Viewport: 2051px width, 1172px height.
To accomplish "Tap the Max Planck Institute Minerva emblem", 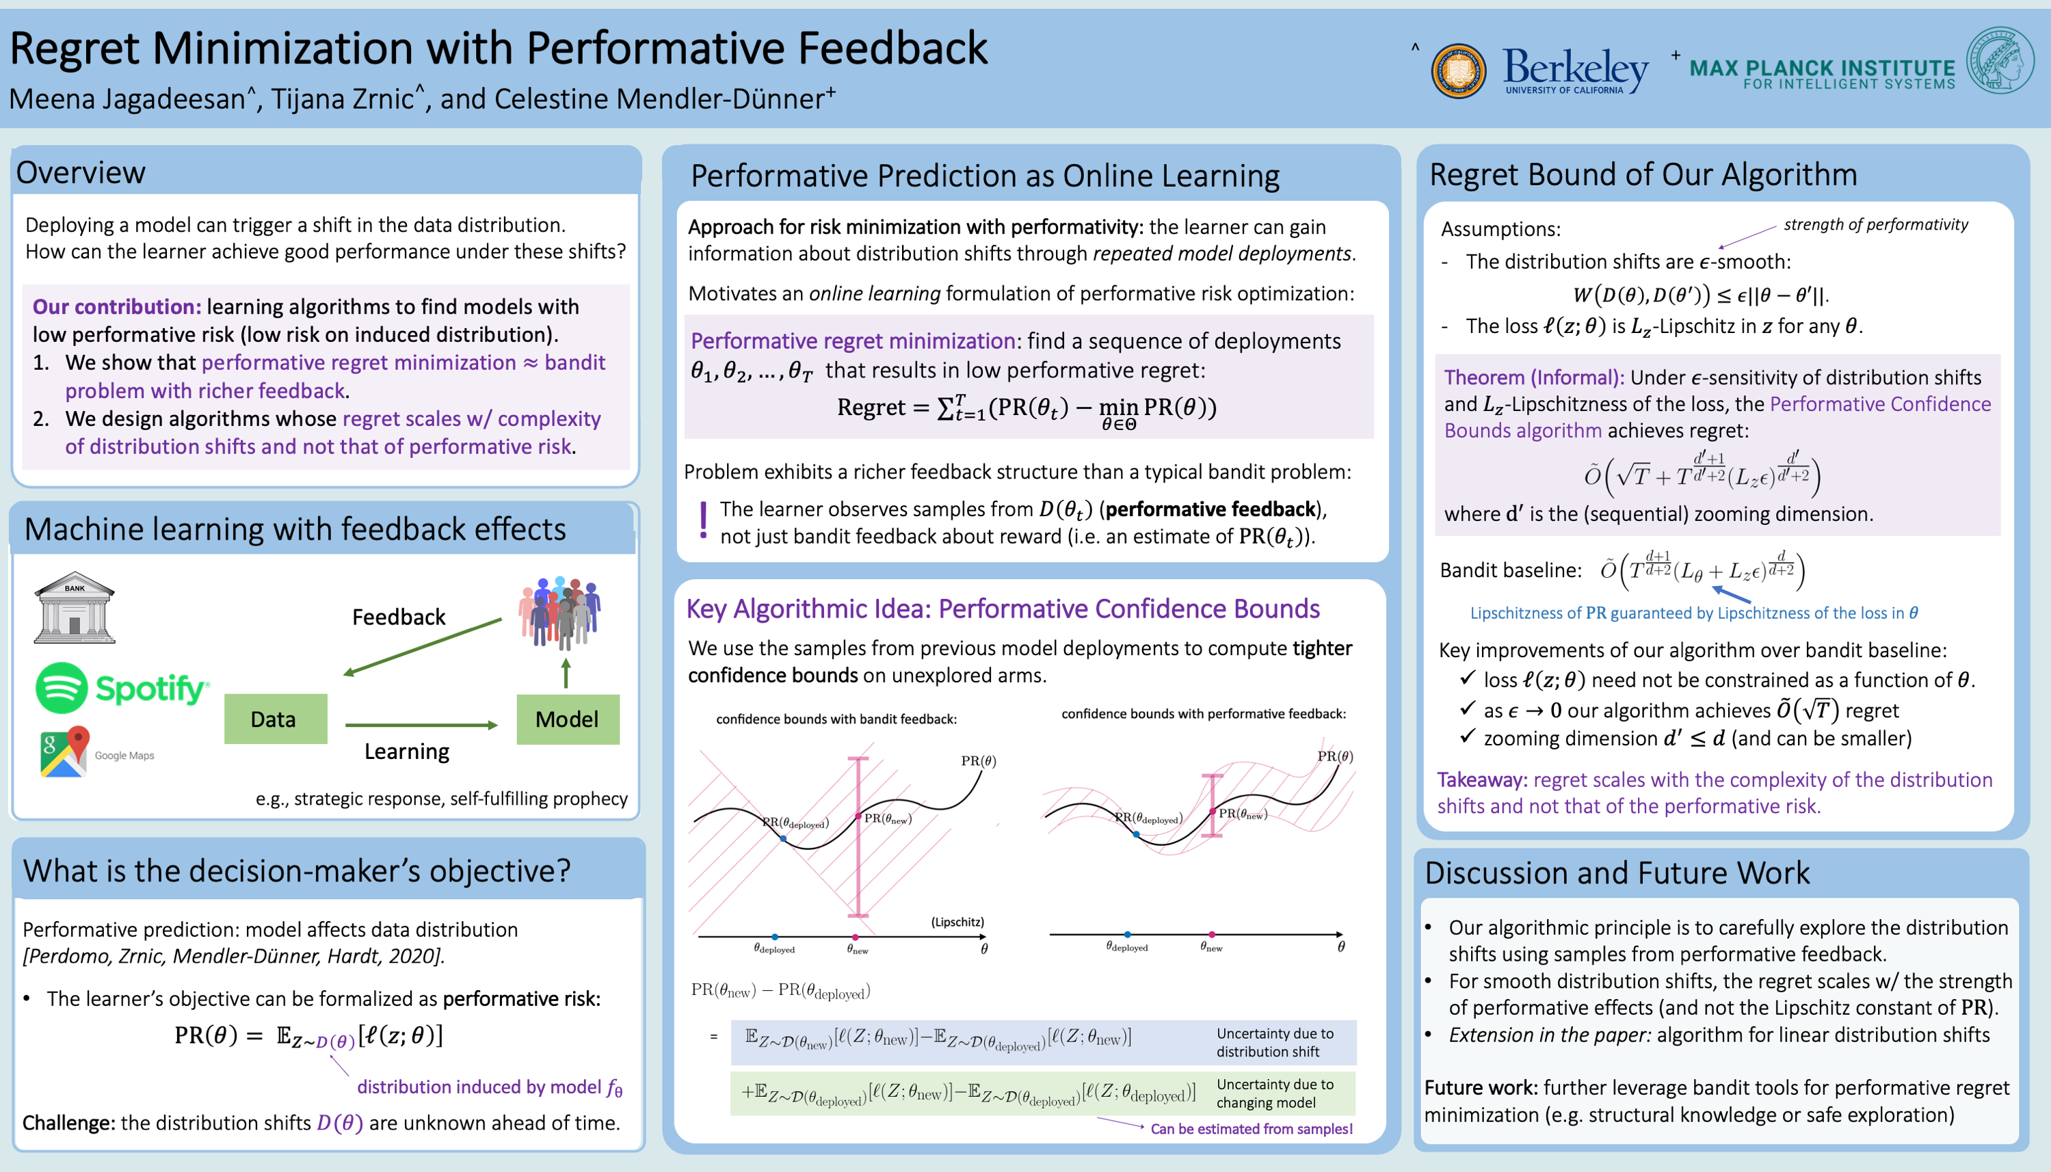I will [x=2000, y=60].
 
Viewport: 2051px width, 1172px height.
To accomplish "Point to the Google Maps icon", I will [x=64, y=751].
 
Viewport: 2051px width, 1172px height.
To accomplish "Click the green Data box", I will [x=276, y=719].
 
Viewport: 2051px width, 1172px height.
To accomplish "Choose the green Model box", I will [x=568, y=719].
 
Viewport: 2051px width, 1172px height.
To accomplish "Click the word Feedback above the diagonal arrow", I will [x=399, y=617].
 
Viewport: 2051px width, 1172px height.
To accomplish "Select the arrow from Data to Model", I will [x=422, y=725].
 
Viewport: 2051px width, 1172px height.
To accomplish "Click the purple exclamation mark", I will [x=704, y=520].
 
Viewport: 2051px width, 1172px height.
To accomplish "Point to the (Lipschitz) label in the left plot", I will [x=957, y=922].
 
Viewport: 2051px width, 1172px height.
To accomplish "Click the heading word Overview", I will [x=81, y=173].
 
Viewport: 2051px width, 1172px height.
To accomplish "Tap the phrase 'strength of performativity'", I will [x=1875, y=224].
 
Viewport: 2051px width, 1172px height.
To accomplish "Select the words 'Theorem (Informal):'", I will [x=1533, y=377].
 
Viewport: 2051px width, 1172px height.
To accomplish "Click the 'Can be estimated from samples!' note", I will [x=1251, y=1128].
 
